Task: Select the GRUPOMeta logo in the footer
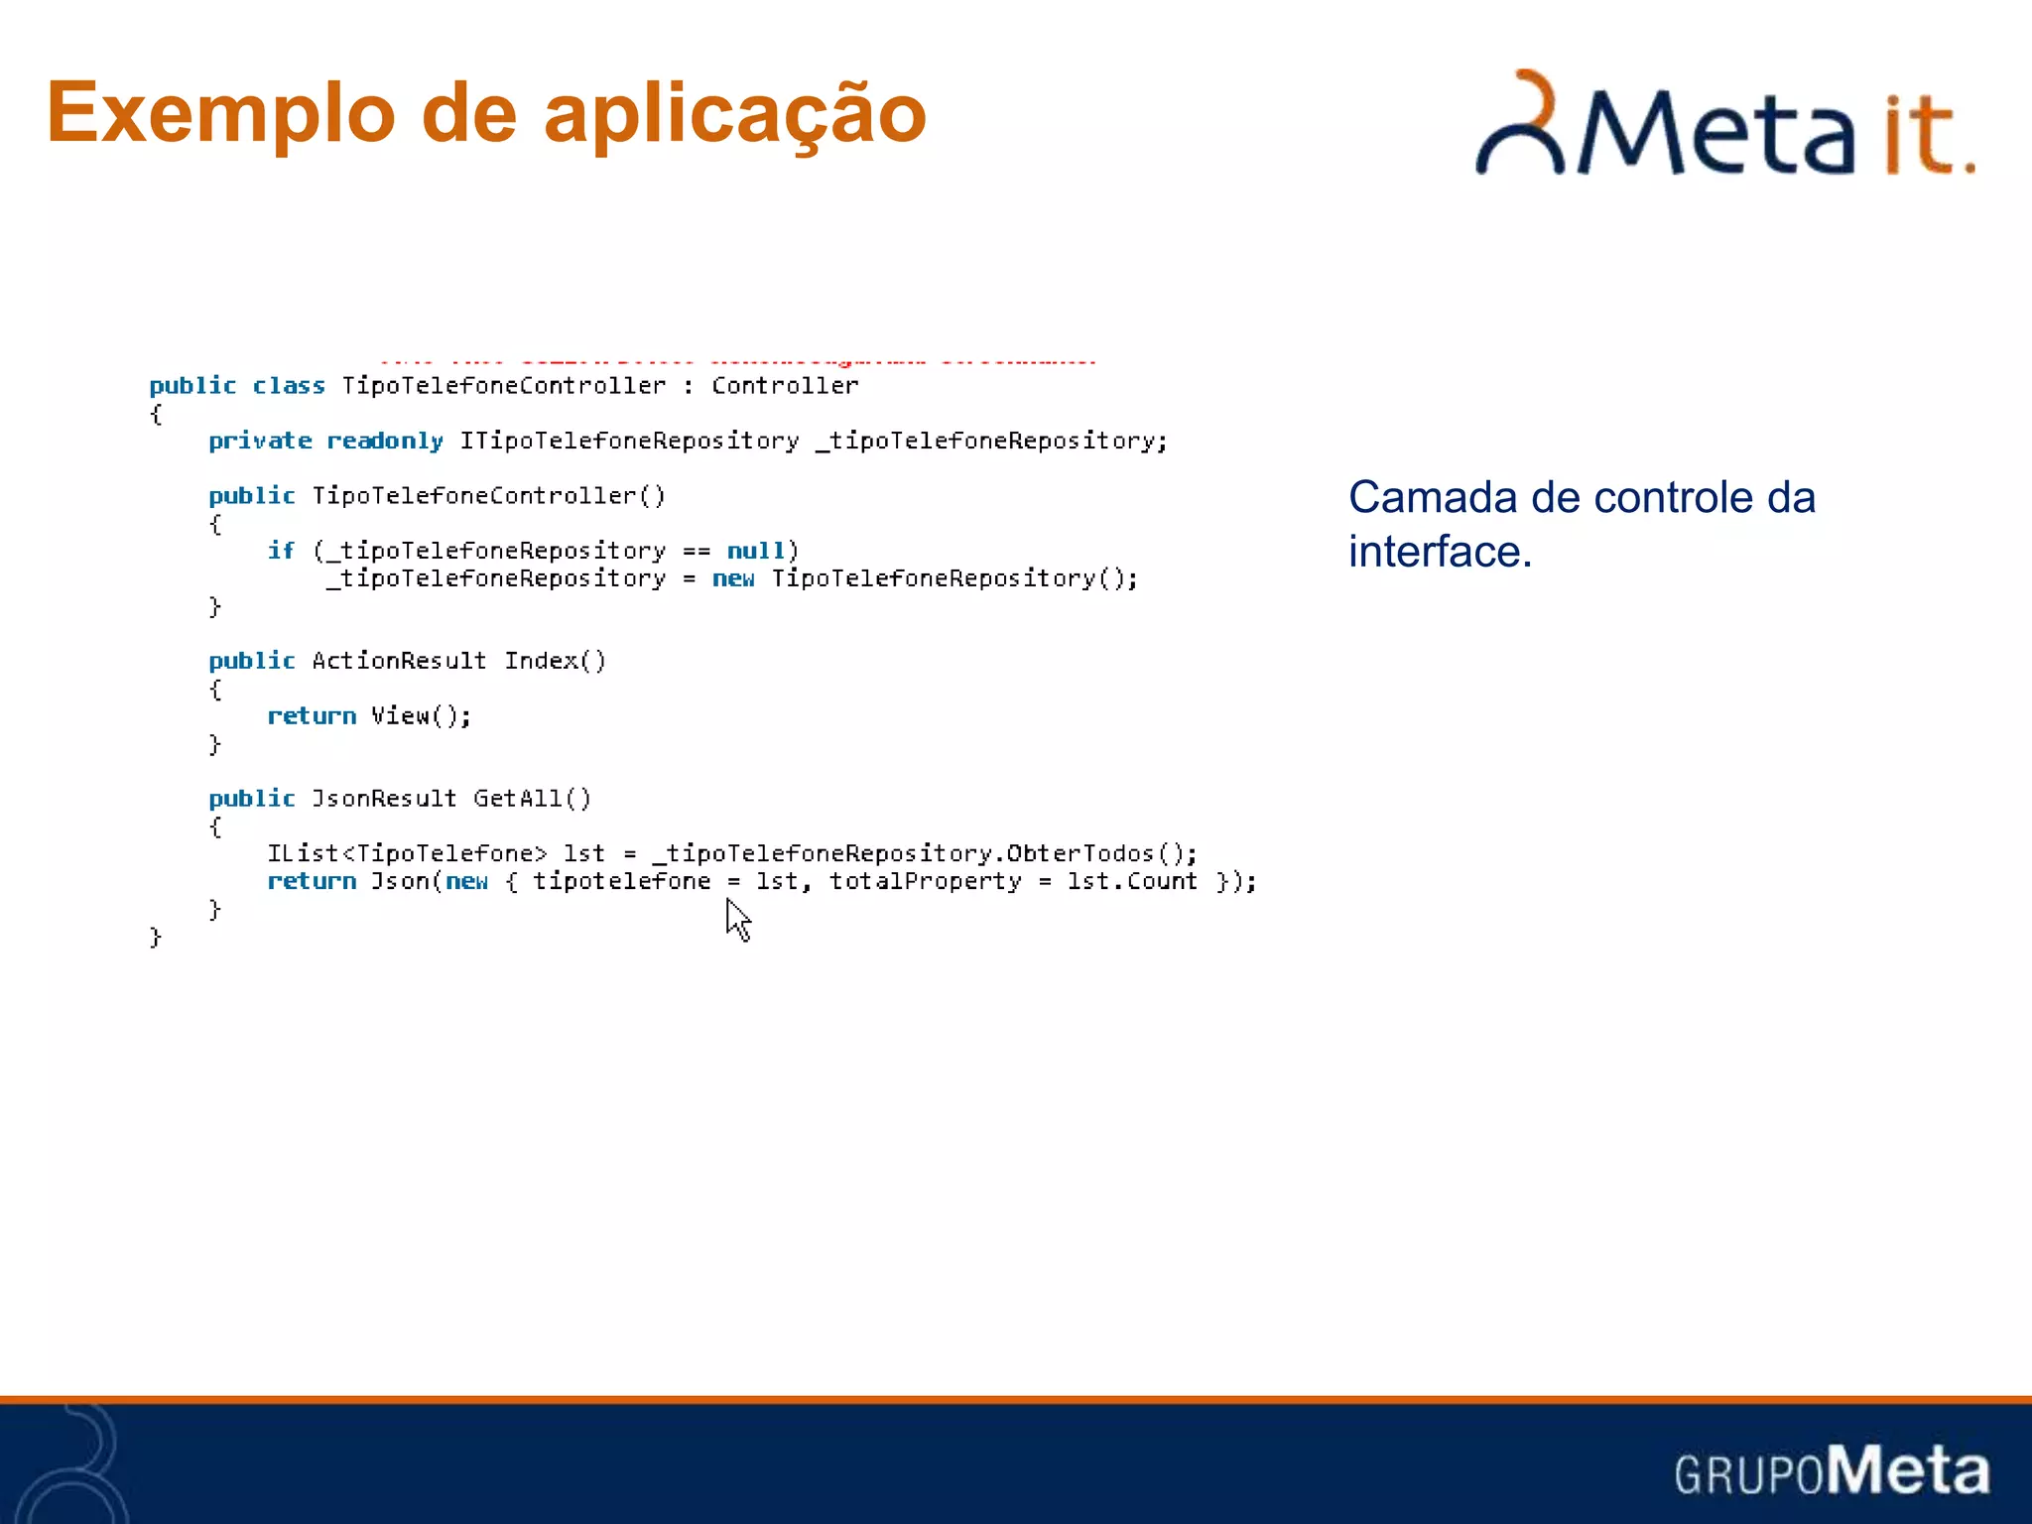point(1832,1470)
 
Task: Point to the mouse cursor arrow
point(737,919)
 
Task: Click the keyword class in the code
point(288,385)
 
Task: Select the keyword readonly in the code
point(385,441)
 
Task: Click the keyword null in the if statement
point(756,551)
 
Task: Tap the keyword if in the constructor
point(281,551)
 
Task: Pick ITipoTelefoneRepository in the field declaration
point(629,441)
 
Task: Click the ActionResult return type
point(399,661)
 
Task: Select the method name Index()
point(555,661)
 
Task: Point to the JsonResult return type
point(384,799)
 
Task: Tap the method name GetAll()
point(532,799)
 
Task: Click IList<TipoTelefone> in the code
point(407,853)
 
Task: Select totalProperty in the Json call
point(925,881)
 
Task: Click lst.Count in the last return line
point(1132,881)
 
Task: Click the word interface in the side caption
point(1439,552)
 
